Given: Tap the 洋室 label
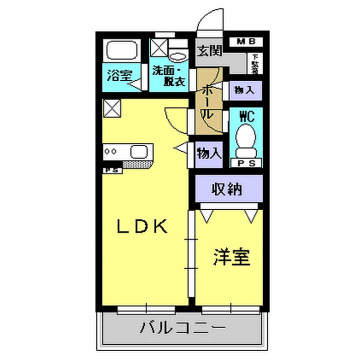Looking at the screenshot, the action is (230, 257).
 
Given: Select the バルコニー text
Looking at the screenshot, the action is (181, 327).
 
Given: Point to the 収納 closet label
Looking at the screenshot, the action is (230, 189).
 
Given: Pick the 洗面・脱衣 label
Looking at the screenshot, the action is (168, 76).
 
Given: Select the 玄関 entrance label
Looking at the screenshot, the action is (210, 50).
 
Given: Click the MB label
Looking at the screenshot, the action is (244, 41).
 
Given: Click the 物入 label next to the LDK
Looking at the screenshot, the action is (208, 153).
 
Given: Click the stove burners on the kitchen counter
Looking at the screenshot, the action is (113, 153).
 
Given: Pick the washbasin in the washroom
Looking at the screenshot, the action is (178, 51).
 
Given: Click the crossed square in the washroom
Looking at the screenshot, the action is (159, 47).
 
